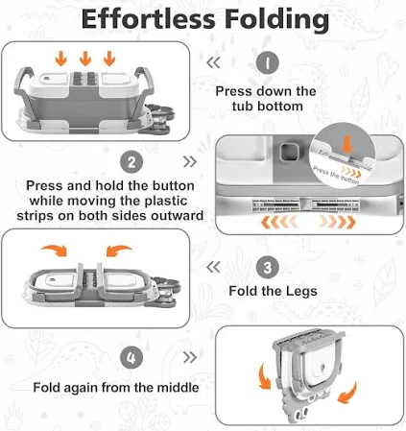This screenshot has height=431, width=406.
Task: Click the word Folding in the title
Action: (277, 20)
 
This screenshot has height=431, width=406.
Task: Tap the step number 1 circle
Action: (268, 62)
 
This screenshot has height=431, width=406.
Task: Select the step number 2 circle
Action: (131, 162)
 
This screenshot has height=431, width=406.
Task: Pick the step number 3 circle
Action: (268, 267)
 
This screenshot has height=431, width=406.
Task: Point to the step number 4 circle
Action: (131, 357)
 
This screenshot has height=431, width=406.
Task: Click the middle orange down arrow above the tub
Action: (85, 59)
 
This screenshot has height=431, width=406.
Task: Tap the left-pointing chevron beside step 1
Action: (213, 62)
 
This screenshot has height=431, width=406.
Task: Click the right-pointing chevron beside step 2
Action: (190, 162)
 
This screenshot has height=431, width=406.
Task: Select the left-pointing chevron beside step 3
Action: (213, 267)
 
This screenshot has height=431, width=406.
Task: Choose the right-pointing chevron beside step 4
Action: (190, 357)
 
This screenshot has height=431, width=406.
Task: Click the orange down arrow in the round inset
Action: (347, 143)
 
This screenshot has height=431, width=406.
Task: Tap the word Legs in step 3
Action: (301, 292)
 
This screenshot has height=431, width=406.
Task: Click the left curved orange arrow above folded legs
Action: (55, 250)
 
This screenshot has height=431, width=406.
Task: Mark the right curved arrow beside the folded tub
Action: (347, 393)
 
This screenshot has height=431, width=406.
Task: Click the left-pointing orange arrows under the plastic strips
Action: (279, 222)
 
